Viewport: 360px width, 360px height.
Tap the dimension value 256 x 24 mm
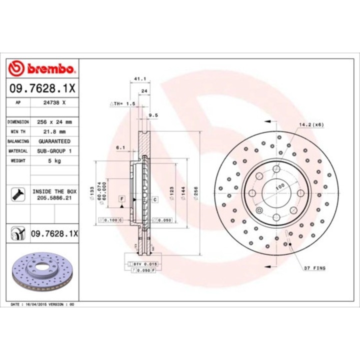click(54, 121)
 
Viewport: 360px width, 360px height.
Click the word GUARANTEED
click(54, 141)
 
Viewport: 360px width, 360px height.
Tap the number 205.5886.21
click(54, 198)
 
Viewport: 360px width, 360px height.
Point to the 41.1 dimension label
click(140, 79)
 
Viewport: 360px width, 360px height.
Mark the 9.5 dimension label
click(153, 115)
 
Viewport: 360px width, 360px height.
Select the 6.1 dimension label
click(120, 147)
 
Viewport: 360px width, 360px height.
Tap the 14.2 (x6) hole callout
click(311, 124)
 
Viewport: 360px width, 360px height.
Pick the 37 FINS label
click(314, 268)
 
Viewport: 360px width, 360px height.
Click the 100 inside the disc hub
click(280, 186)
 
